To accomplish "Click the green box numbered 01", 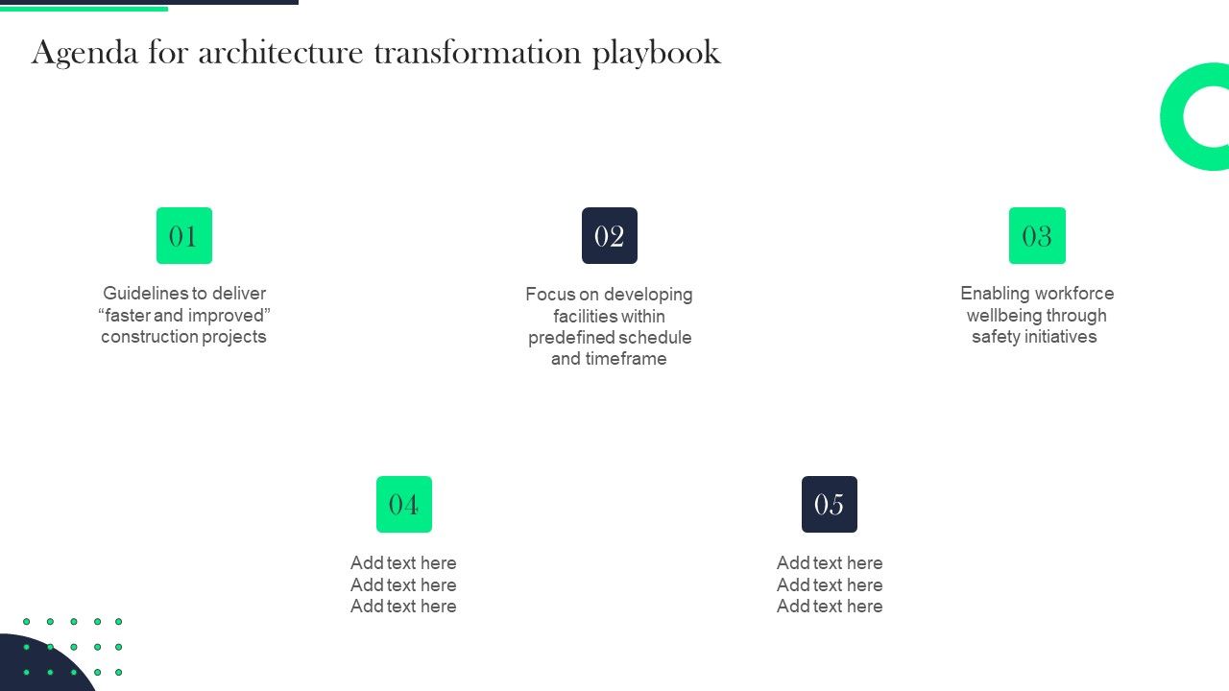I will tap(183, 235).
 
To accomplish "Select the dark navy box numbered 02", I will tap(609, 235).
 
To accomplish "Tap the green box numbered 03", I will tap(1037, 235).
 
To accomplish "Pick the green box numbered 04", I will tap(403, 504).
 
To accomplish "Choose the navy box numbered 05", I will tap(829, 504).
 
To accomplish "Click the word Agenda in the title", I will tap(84, 54).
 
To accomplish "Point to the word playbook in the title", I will tap(656, 54).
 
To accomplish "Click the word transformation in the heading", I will tap(478, 53).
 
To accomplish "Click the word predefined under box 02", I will tap(571, 338).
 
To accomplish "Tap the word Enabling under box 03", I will tap(995, 294).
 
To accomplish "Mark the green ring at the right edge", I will tap(1173, 117).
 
